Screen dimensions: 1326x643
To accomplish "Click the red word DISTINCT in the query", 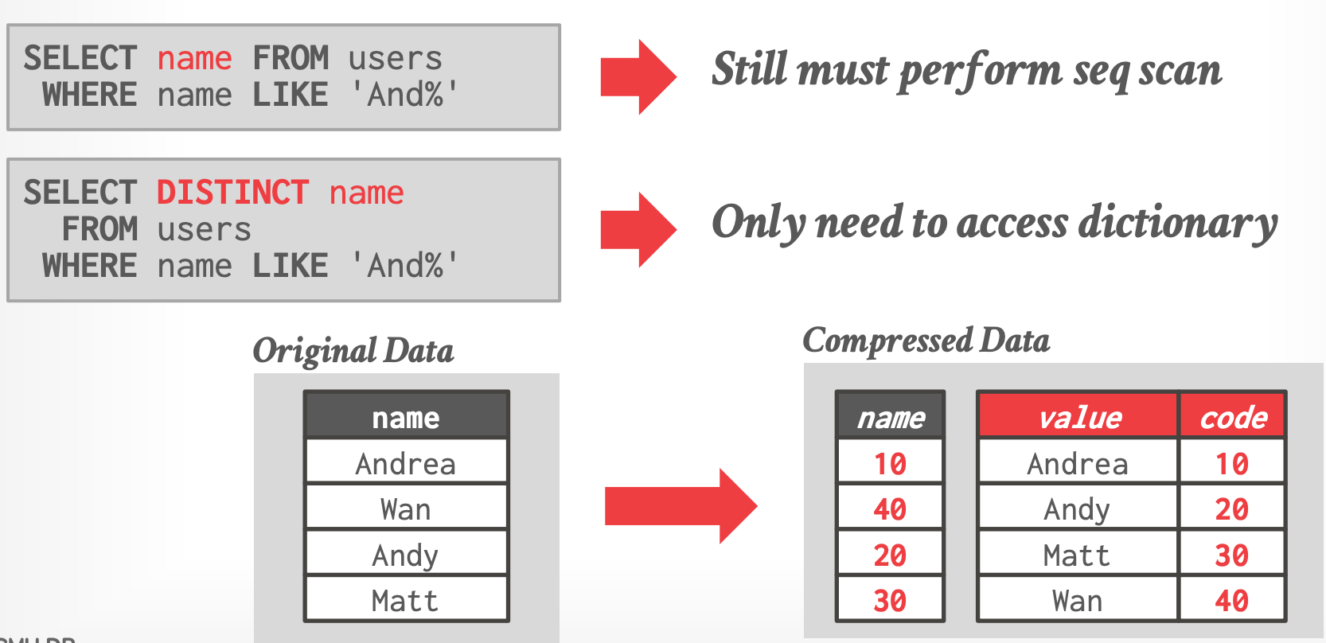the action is point(232,193).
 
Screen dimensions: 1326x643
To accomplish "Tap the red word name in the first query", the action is point(195,59).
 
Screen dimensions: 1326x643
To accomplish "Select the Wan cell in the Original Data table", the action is point(406,509).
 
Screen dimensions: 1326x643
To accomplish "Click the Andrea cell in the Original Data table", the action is point(406,463).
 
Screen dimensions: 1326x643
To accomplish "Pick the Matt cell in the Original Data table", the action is point(406,600).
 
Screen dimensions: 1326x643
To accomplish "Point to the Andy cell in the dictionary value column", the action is point(1078,509).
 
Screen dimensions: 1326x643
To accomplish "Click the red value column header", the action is point(1078,416).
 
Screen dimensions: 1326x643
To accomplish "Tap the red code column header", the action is point(1232,416).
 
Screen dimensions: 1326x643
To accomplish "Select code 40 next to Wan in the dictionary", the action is point(1232,600).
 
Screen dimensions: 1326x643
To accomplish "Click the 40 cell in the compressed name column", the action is point(891,509).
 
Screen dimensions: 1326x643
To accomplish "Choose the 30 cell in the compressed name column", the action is point(891,600).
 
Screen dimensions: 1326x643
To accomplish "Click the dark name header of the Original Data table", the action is point(406,416).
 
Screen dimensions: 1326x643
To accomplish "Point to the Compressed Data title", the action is point(926,341).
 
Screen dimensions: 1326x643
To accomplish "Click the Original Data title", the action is point(353,351).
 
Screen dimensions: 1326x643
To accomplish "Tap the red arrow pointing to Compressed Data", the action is point(681,506).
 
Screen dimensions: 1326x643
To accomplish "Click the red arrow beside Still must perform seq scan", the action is point(639,77).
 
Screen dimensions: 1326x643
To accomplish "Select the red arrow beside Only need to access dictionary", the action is point(639,230).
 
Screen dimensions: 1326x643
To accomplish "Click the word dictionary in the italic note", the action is point(1177,224).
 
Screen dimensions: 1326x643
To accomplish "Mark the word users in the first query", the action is point(395,59).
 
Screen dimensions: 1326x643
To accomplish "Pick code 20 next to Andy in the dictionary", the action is point(1232,509).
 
